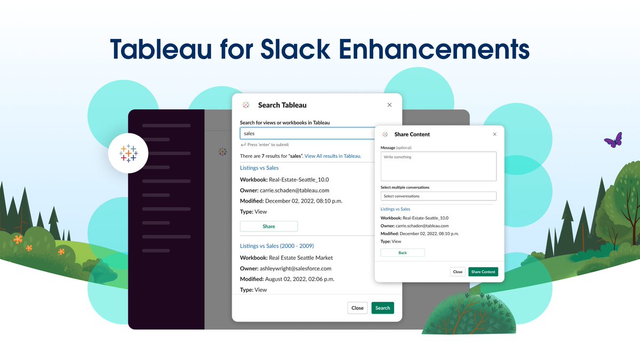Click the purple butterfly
click(x=613, y=140)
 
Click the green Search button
click(x=382, y=308)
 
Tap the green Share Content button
click(x=483, y=271)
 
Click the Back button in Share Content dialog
click(x=403, y=253)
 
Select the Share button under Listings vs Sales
click(x=269, y=226)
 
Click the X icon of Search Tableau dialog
click(x=389, y=105)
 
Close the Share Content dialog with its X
click(x=494, y=134)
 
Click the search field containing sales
click(x=307, y=133)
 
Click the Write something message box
click(x=438, y=166)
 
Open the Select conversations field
click(x=438, y=196)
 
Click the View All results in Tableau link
click(x=333, y=156)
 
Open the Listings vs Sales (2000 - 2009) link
click(x=277, y=246)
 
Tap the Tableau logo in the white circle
click(x=128, y=154)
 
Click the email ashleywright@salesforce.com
click(x=295, y=269)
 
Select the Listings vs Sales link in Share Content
click(x=395, y=209)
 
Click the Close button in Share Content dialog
click(x=458, y=271)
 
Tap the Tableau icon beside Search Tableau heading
click(x=246, y=105)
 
